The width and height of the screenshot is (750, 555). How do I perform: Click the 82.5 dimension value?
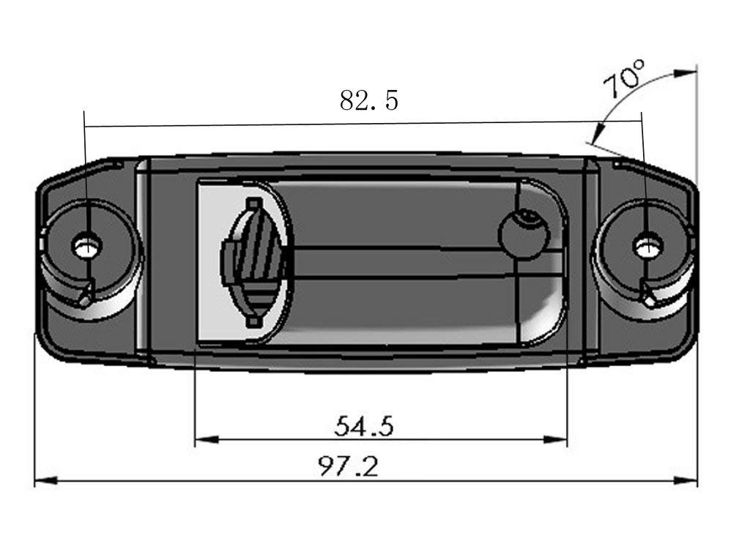[x=369, y=100]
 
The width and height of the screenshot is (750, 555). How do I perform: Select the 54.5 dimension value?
[x=364, y=425]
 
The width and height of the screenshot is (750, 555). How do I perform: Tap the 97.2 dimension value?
[x=349, y=466]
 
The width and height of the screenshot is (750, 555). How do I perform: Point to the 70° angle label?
[x=625, y=79]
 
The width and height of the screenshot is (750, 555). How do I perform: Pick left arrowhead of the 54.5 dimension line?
[x=206, y=440]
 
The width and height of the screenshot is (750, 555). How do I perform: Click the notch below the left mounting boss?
[x=86, y=295]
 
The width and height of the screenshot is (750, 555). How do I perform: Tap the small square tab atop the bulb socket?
[x=253, y=203]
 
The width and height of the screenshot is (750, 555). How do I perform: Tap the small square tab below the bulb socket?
[x=253, y=321]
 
